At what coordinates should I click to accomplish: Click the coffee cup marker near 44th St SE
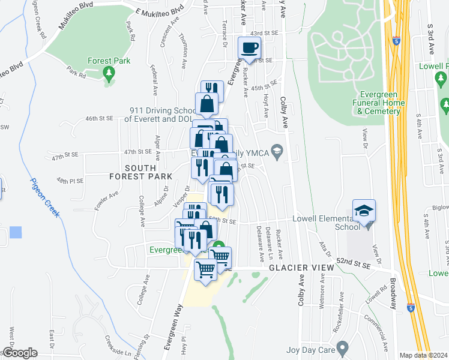tap(249, 48)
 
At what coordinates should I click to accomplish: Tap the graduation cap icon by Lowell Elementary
tap(364, 210)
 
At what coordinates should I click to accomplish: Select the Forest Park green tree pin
tap(109, 74)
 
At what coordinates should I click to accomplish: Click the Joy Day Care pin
tap(343, 347)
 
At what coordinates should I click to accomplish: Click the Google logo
tap(19, 353)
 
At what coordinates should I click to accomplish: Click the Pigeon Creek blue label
tap(45, 198)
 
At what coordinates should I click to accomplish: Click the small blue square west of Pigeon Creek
tap(16, 232)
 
